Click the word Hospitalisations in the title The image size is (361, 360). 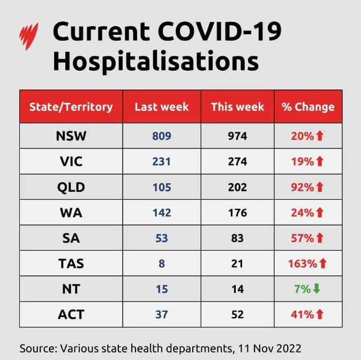pos(156,61)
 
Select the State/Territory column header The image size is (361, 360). pos(71,106)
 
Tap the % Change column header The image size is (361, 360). pos(308,106)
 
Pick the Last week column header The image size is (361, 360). pos(162,106)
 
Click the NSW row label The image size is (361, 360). pos(71,136)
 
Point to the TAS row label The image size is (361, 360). pos(71,264)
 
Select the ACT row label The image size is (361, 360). pos(71,314)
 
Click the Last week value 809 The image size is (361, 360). pos(161,136)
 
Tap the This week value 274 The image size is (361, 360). pos(237,162)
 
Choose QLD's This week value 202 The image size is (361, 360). pos(237,187)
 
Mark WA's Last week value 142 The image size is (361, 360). pos(161,213)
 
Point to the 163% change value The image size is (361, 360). pos(302,264)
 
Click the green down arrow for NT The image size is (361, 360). pos(316,289)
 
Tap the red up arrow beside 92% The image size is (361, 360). pos(320,187)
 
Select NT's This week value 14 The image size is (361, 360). pos(237,289)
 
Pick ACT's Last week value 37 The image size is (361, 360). pos(161,314)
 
